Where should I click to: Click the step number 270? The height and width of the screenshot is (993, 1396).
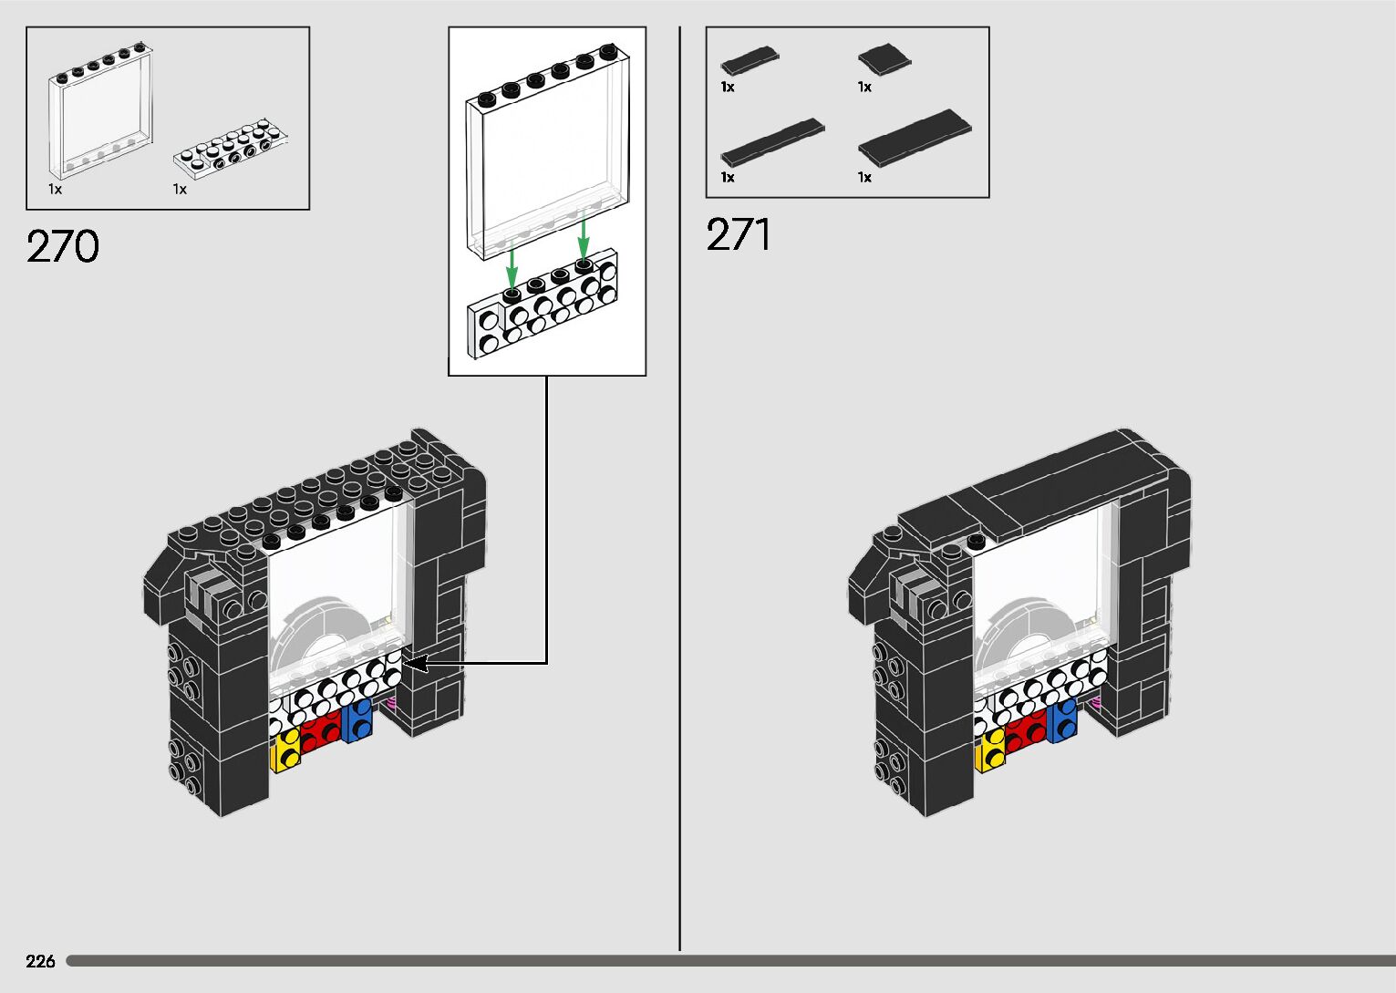coord(62,246)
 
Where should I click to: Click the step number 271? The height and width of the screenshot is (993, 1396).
coord(739,234)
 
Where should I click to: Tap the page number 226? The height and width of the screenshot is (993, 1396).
coord(40,961)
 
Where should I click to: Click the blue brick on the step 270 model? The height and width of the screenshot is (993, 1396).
coord(358,719)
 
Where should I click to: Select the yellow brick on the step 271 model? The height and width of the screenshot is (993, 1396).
coord(990,751)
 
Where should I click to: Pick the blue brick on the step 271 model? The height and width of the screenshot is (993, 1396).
coord(1062,720)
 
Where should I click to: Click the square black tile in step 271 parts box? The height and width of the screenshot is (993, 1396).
coord(884,60)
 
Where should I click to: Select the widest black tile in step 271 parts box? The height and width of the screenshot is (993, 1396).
coord(915,137)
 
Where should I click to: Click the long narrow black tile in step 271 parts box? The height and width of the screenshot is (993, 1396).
coord(772,141)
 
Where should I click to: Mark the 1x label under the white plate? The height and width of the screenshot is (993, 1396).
coord(180,190)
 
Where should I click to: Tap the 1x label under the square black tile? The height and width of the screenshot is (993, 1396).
coord(864,88)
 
